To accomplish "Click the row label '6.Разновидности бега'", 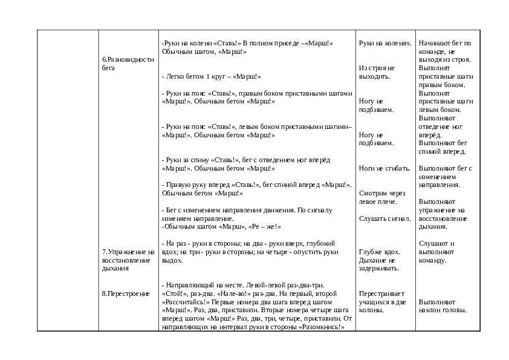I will pyautogui.click(x=128, y=64).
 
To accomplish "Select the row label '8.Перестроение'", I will pyautogui.click(x=125, y=293).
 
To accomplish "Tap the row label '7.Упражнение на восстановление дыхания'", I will pyautogui.click(x=128, y=260).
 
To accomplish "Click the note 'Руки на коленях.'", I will pyautogui.click(x=384, y=44).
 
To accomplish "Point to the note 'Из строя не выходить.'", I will pyautogui.click(x=376, y=72).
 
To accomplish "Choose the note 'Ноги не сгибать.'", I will pyautogui.click(x=384, y=168).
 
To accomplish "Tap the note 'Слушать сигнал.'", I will pyautogui.click(x=384, y=218).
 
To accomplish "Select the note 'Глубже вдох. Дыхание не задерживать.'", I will pyautogui.click(x=380, y=260).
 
